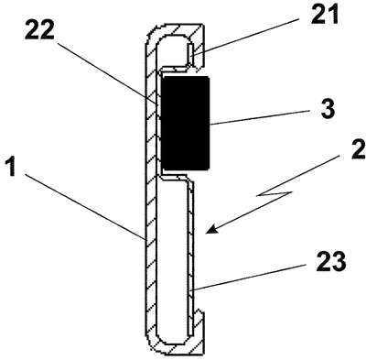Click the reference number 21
coord(325,13)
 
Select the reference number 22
coord(39,29)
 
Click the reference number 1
coord(11,166)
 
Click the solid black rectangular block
coord(185,123)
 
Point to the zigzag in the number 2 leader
coord(274,193)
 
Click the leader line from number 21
coord(246,37)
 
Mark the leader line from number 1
coord(84,206)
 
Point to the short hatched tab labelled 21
coord(190,54)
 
